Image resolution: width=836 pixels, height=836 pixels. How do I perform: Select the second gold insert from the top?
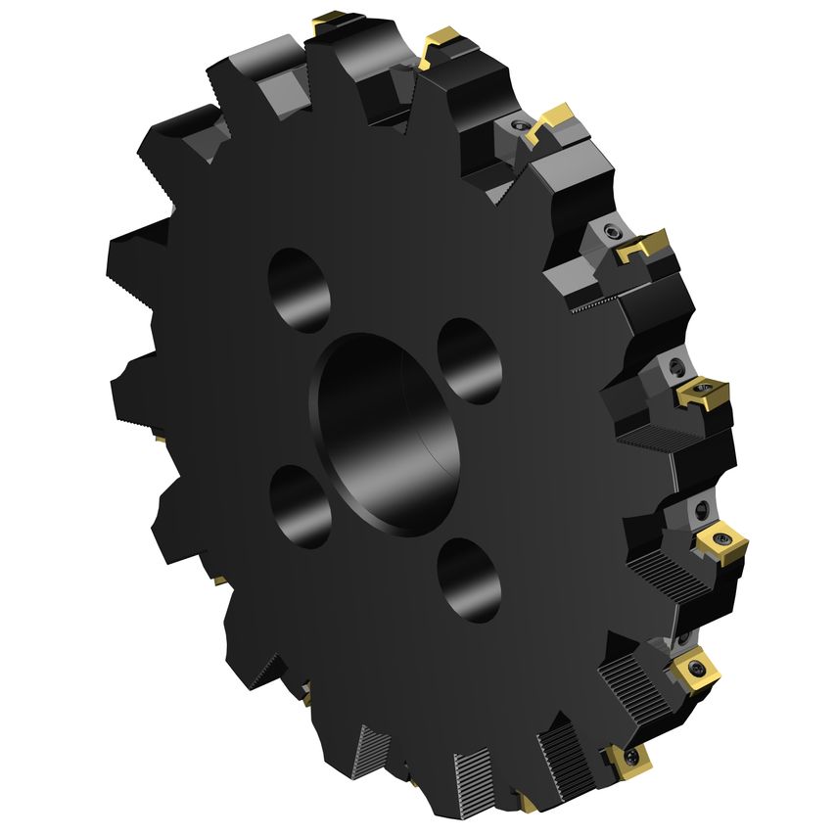click(440, 44)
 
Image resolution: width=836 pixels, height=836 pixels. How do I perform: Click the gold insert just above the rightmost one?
click(701, 394)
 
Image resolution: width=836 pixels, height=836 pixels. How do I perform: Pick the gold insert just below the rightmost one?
click(696, 670)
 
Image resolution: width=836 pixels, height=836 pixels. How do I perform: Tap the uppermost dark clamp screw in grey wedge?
click(518, 128)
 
